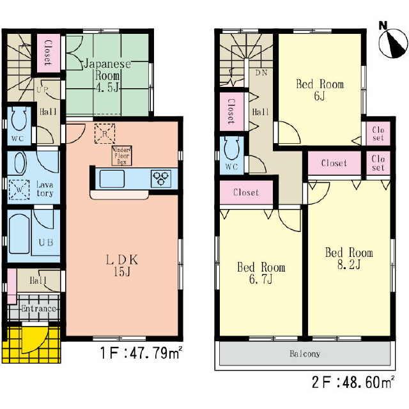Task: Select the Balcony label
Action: coord(304,353)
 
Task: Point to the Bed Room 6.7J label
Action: coord(261,274)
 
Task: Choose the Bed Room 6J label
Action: coord(319,90)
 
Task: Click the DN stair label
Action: coord(261,74)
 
